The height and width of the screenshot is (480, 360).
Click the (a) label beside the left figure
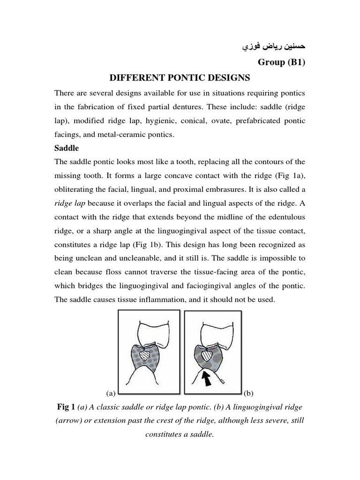(111, 391)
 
